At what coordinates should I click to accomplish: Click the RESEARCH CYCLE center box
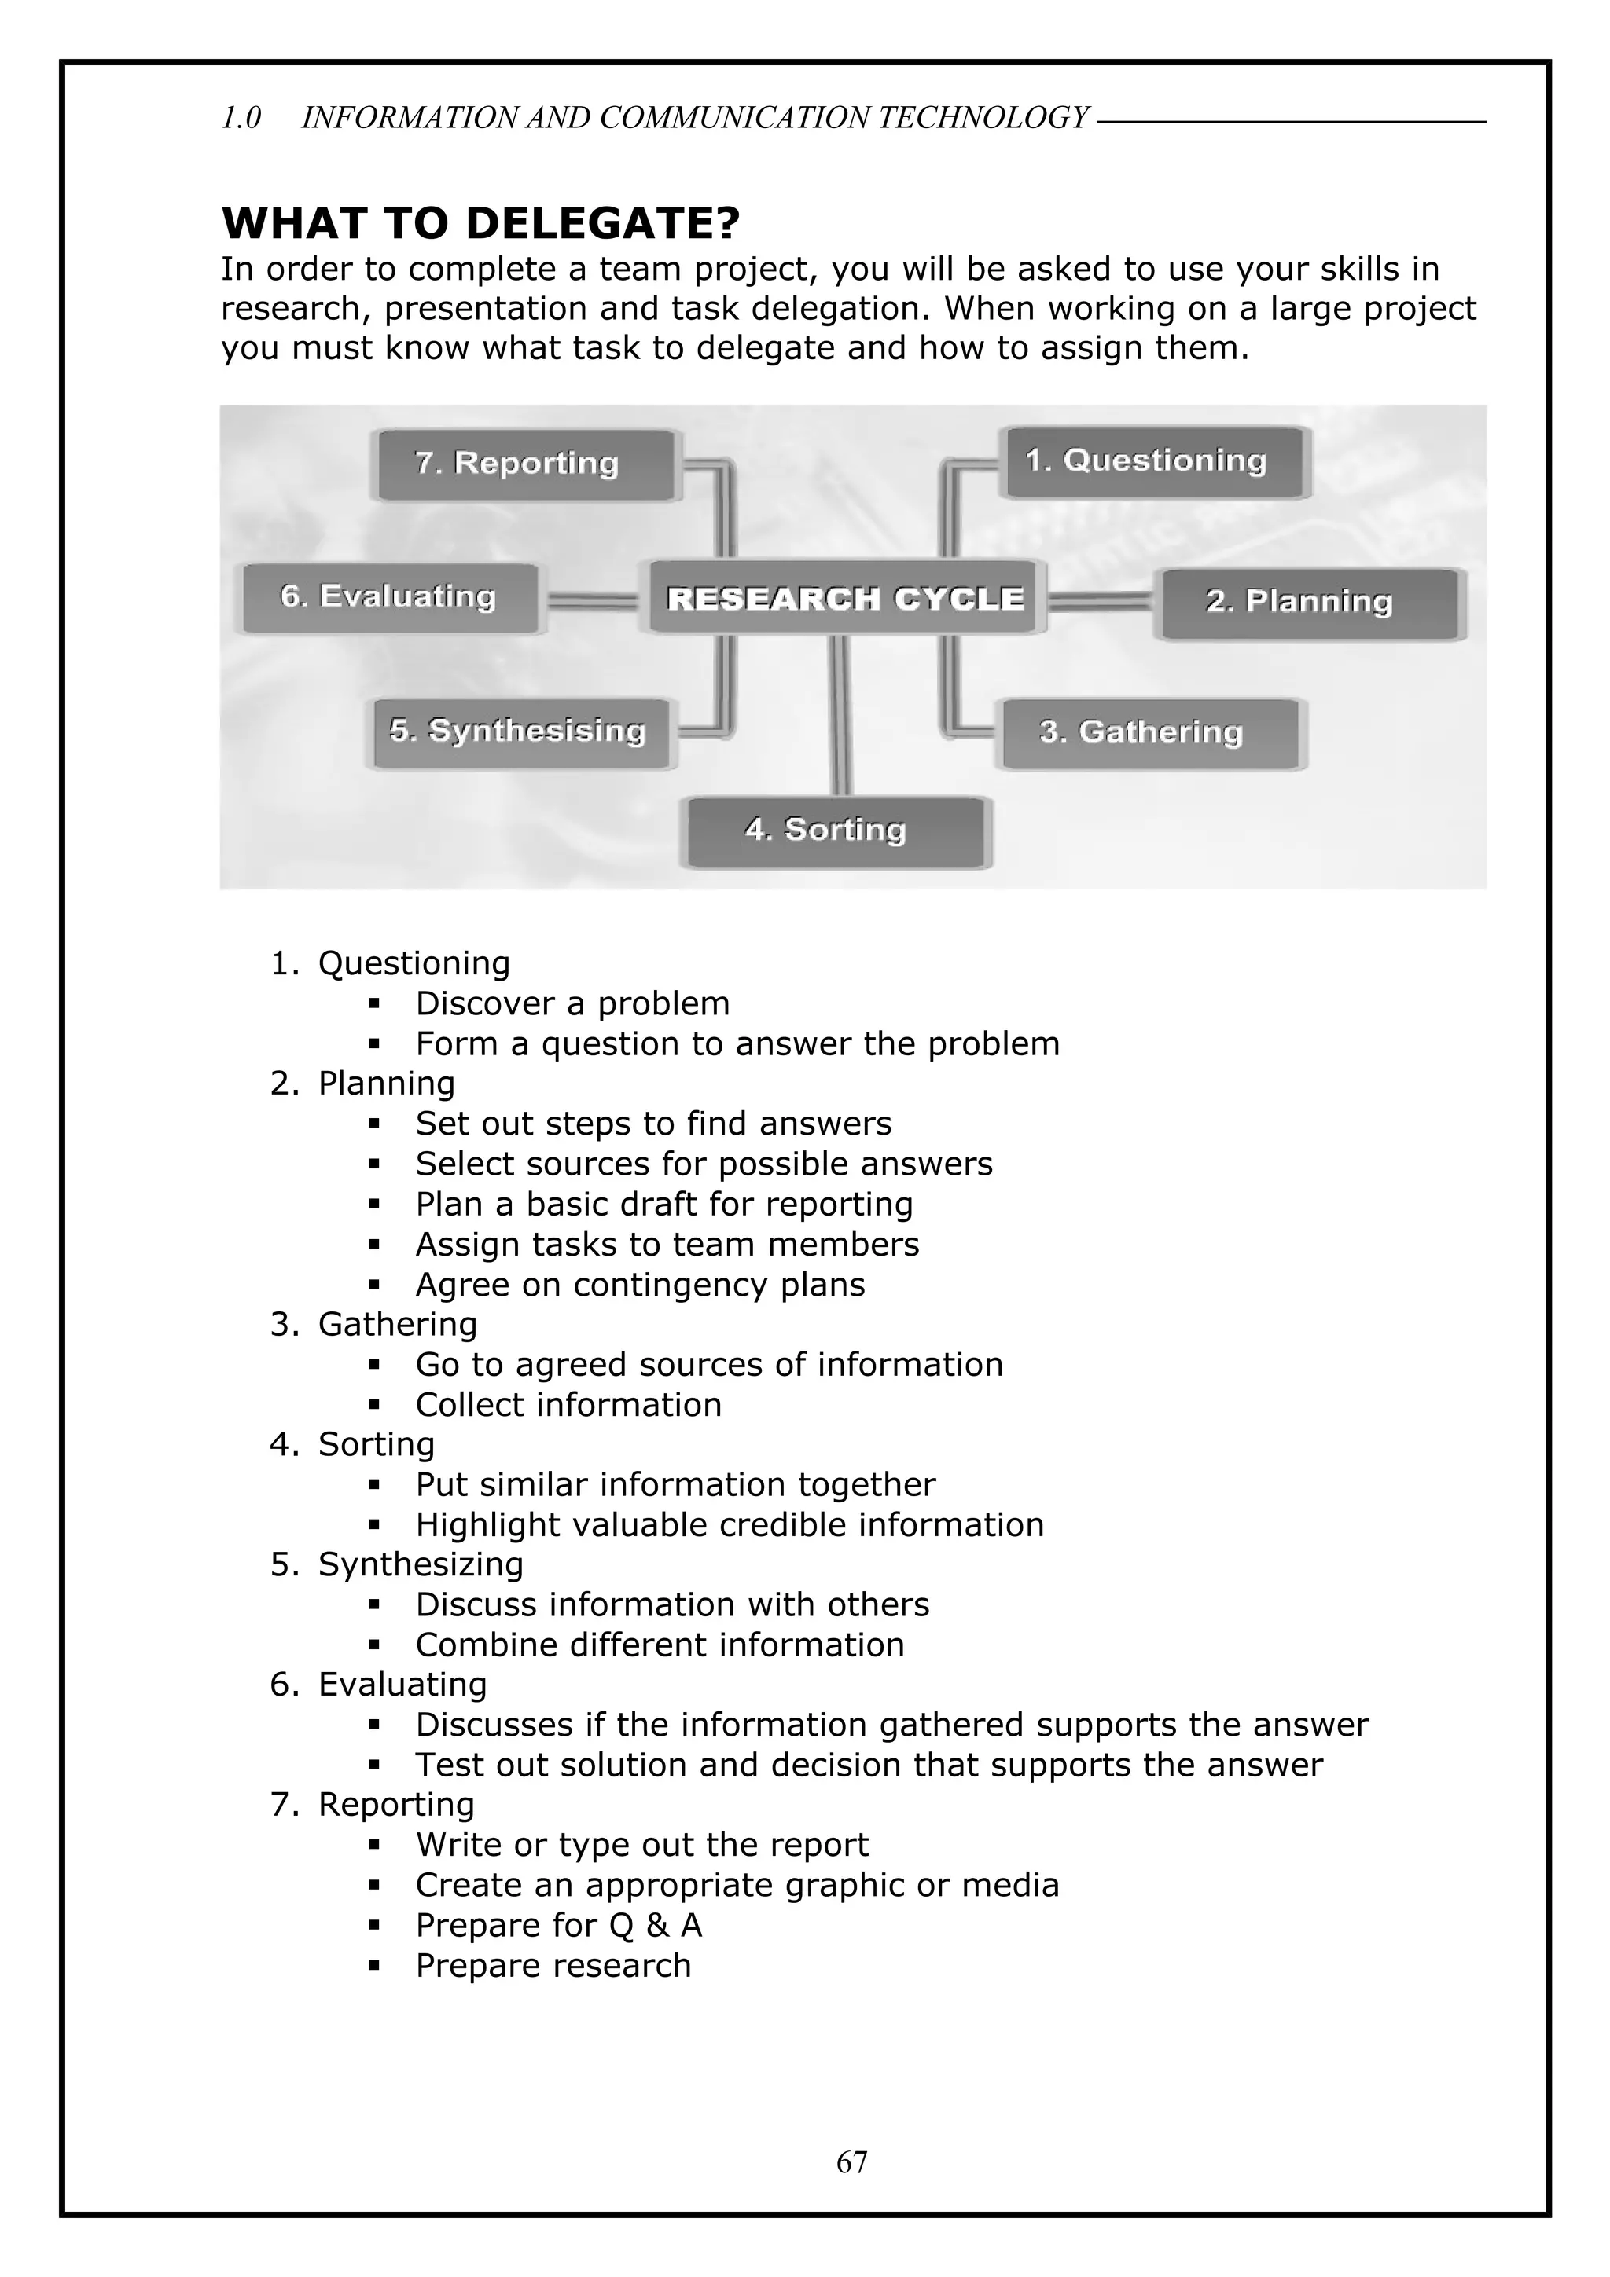point(844,598)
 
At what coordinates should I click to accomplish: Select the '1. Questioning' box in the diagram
point(1154,461)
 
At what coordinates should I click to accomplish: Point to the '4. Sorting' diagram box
point(835,830)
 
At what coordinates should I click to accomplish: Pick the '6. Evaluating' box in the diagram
point(390,597)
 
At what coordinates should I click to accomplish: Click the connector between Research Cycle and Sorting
point(840,714)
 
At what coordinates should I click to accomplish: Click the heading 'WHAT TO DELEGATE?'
point(480,223)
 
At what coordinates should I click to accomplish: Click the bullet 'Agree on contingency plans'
point(640,1285)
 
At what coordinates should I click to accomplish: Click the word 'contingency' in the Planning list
point(671,1285)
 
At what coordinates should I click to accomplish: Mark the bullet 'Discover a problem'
point(572,1003)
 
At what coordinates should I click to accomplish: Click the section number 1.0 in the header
point(241,118)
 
